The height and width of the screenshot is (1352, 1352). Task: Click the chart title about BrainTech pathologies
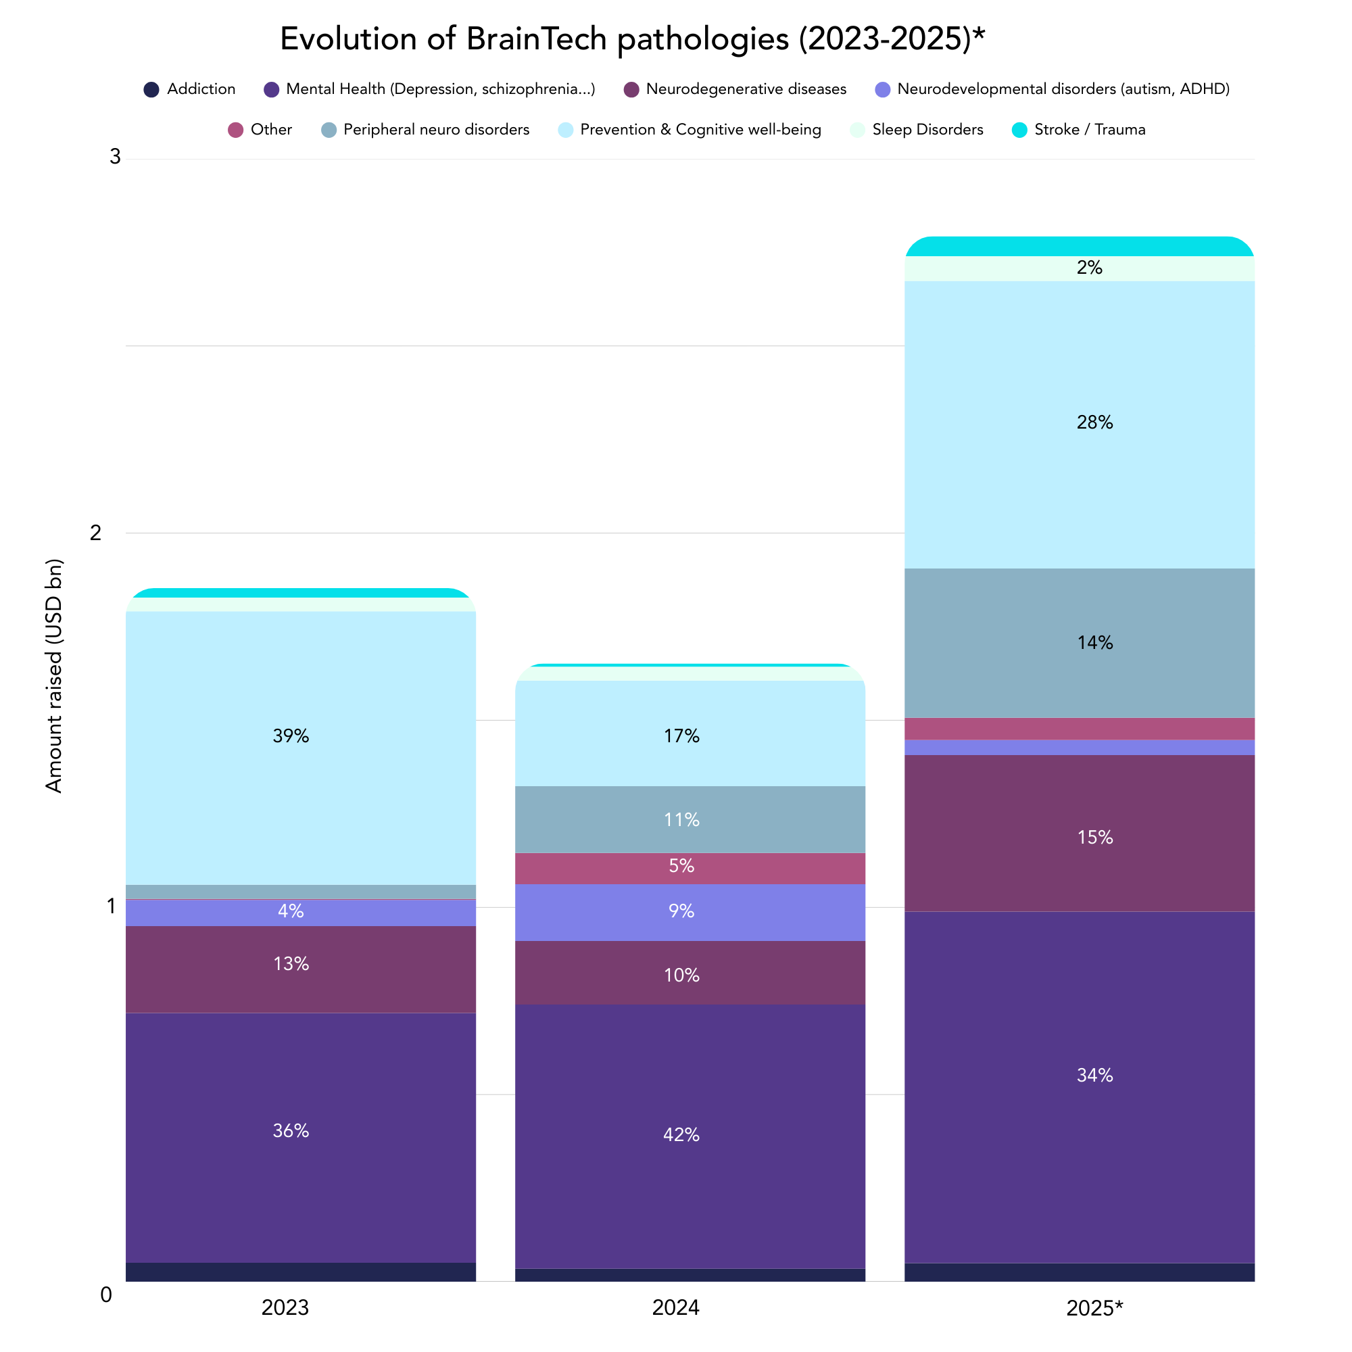pos(632,39)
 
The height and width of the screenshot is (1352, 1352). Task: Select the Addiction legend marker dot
pos(151,90)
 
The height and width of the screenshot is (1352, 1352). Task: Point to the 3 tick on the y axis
pos(115,157)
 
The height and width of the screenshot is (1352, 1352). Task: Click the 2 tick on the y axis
pos(96,533)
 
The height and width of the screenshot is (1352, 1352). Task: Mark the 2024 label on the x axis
pos(675,1308)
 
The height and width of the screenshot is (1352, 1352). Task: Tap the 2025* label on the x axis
pos(1094,1309)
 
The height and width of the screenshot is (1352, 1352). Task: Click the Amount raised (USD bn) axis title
pos(54,676)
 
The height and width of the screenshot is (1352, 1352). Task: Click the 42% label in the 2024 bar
pos(681,1135)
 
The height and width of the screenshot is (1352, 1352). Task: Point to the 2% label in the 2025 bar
pos(1090,268)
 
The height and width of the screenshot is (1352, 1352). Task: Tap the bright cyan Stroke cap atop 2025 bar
pos(1079,246)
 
